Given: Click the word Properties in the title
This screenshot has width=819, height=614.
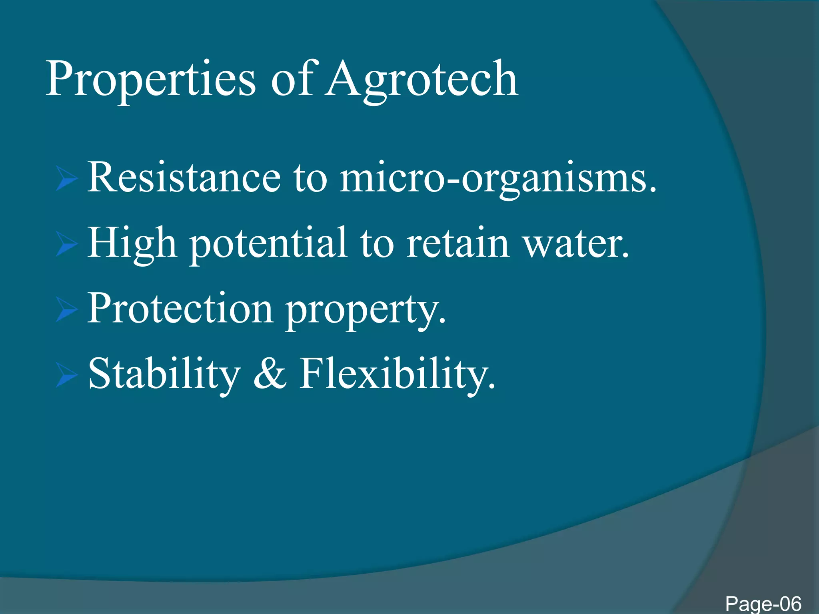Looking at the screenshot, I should (x=150, y=80).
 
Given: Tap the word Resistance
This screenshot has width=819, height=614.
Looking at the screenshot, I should (x=184, y=177).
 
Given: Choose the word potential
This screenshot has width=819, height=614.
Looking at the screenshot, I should (x=268, y=244).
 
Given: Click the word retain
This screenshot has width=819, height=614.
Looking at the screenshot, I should (x=457, y=243).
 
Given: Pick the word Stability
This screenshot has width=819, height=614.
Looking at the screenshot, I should (x=164, y=374).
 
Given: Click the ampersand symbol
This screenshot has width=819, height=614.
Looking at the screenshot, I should (x=270, y=374).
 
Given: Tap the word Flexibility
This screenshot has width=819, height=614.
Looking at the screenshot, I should (x=398, y=374).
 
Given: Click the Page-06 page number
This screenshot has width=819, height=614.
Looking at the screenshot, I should (x=763, y=603).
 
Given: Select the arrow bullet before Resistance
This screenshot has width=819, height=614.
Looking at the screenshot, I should (x=66, y=178).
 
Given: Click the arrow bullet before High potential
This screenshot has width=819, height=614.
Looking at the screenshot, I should (x=66, y=244).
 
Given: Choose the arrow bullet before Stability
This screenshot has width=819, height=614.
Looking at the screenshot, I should (x=66, y=375).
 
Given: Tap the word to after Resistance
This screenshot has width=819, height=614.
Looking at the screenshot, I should (x=310, y=178).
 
